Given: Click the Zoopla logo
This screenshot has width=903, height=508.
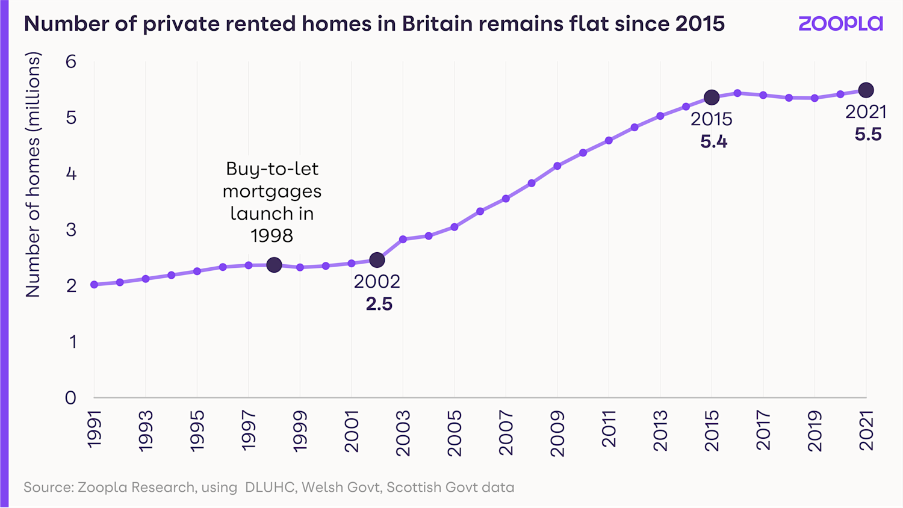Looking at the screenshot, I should click(x=840, y=23).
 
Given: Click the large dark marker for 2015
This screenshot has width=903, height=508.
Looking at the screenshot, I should click(x=712, y=97).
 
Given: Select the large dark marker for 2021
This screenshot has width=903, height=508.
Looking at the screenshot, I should click(x=866, y=90).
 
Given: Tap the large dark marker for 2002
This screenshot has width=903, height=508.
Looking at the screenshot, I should click(x=377, y=260).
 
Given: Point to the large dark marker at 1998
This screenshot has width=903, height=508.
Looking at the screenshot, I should click(x=274, y=265).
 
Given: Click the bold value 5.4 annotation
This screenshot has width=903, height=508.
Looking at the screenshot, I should click(x=713, y=142).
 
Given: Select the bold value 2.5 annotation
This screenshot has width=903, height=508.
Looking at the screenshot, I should click(x=379, y=304).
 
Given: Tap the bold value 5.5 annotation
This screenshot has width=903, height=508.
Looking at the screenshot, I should click(x=867, y=135).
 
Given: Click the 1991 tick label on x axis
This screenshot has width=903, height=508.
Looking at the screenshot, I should click(x=95, y=429).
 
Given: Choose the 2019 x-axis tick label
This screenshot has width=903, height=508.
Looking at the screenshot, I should click(x=815, y=431).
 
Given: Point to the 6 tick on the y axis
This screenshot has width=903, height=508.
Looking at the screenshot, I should click(x=71, y=61).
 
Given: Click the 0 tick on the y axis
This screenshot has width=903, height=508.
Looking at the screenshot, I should click(x=71, y=397).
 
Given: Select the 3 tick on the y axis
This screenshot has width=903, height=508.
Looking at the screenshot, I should click(x=71, y=229).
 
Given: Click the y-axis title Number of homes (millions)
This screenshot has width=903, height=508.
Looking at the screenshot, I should click(x=33, y=175).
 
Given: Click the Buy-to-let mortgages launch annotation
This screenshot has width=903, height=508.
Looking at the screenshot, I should click(x=272, y=202).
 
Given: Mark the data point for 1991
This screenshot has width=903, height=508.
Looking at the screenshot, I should click(x=95, y=285).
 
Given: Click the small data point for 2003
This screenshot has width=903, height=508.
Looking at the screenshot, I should click(x=403, y=240).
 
